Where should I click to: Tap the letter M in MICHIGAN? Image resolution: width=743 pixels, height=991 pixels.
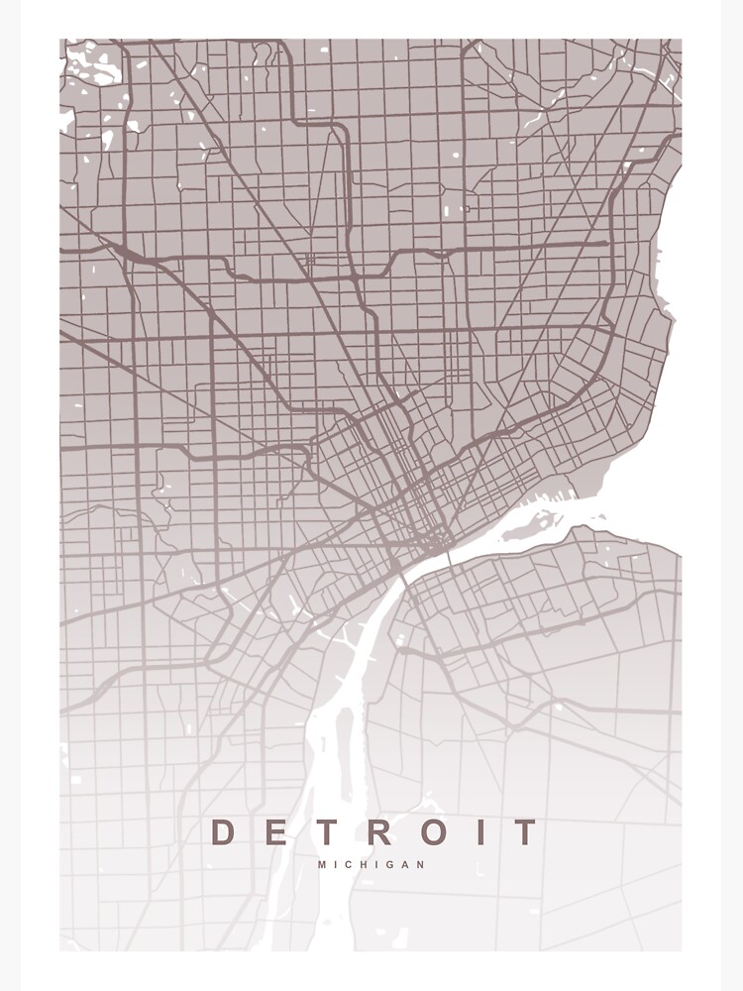click(322, 864)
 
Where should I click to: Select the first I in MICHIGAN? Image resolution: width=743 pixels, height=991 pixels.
click(337, 864)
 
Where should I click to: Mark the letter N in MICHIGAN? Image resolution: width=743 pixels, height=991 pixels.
click(423, 864)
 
